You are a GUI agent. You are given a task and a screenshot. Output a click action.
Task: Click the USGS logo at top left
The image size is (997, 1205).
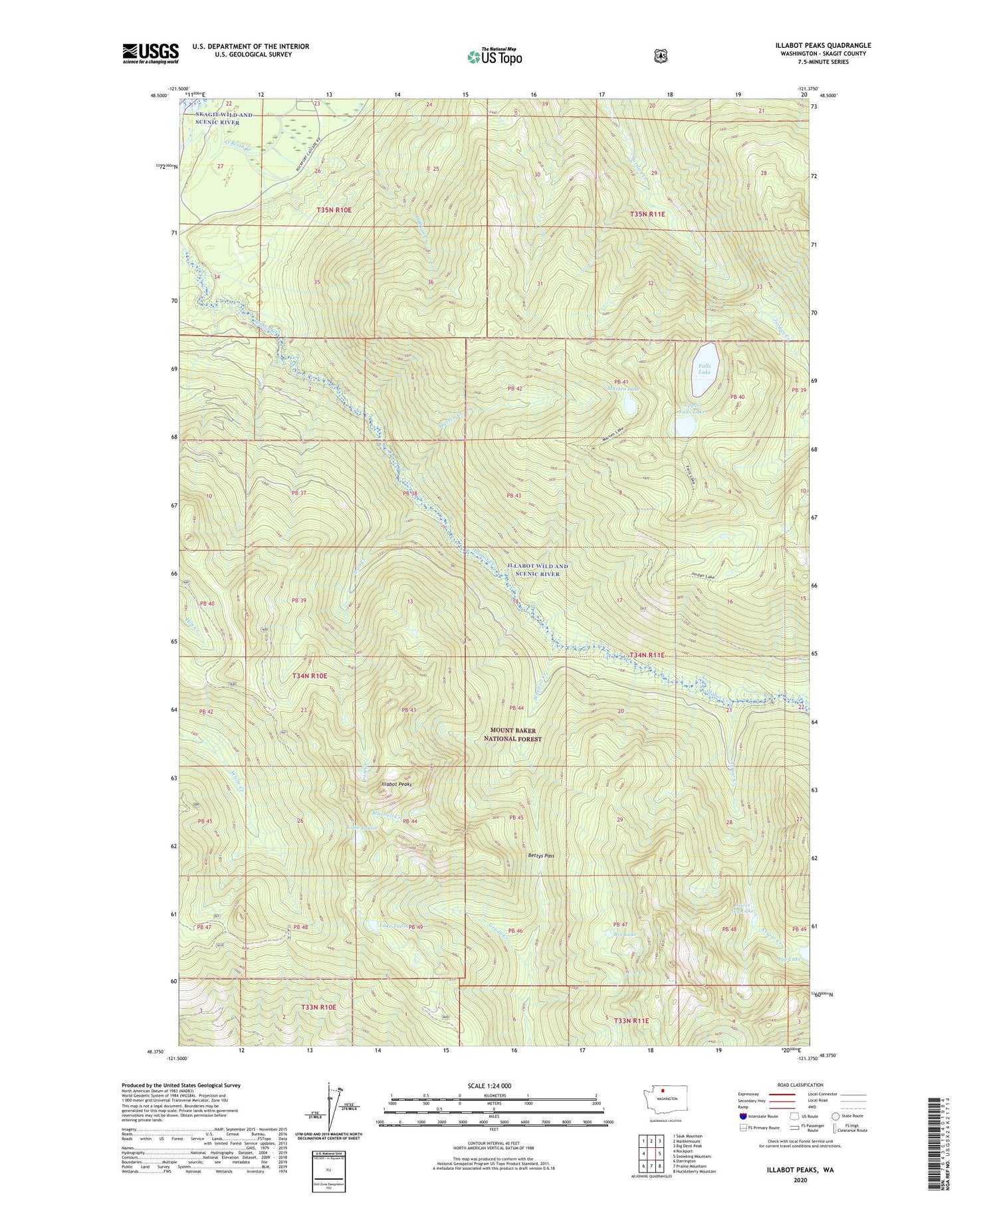point(150,53)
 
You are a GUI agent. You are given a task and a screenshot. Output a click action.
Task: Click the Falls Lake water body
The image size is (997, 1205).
point(705,368)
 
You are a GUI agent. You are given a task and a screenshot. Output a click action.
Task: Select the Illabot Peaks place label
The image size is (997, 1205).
point(396,785)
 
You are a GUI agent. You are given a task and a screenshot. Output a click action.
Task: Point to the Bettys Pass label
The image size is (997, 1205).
point(540,856)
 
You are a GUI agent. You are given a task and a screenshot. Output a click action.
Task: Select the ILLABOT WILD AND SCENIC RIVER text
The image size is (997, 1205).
point(538,570)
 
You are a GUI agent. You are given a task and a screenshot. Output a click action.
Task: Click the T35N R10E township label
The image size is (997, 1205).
point(334,210)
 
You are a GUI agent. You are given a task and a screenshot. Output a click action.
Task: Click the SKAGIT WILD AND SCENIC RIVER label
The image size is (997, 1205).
point(224,119)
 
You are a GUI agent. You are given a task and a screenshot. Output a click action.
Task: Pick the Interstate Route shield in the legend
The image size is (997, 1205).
point(742,1116)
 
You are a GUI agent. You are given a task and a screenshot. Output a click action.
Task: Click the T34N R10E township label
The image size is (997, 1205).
point(310,676)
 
